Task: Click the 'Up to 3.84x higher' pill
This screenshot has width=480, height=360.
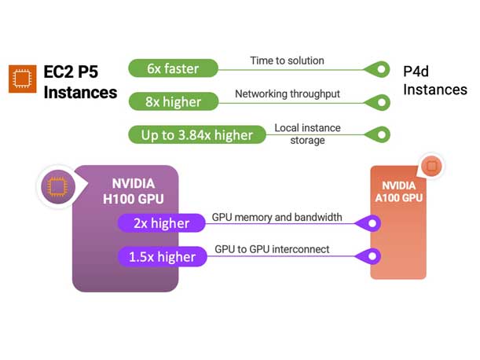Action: [x=196, y=134]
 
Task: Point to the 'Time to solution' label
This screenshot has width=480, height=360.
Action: [x=287, y=61]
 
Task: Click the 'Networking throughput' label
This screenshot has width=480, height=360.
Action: [x=287, y=94]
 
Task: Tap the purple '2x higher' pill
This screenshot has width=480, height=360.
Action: [x=160, y=223]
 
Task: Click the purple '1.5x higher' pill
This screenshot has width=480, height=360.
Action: [x=160, y=257]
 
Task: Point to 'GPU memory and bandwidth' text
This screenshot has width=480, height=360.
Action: [x=277, y=217]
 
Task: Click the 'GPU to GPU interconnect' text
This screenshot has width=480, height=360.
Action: [x=272, y=250]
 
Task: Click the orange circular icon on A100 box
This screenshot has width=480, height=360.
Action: [x=431, y=166]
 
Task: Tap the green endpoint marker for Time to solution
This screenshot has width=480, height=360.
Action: [x=381, y=69]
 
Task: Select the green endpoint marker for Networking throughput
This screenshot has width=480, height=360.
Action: [x=381, y=102]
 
